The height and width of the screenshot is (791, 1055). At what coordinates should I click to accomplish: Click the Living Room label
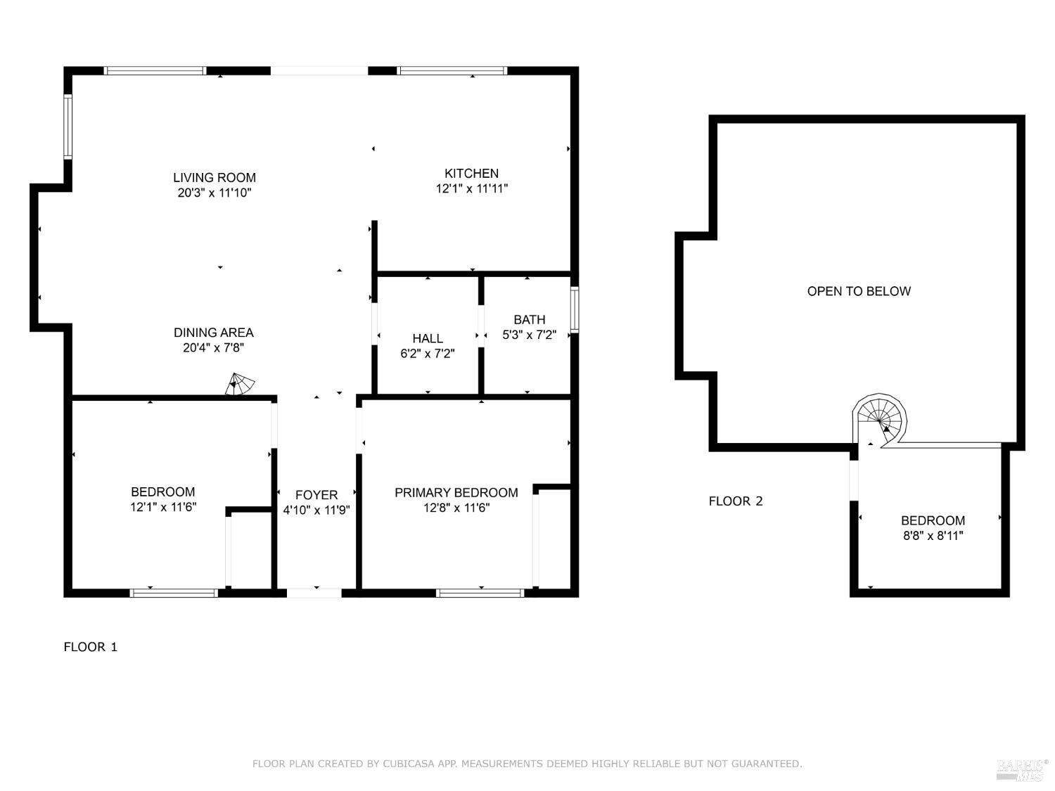point(215,178)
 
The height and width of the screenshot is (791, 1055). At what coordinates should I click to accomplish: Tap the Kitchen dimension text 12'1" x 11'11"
point(471,188)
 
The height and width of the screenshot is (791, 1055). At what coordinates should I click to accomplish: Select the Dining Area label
point(213,333)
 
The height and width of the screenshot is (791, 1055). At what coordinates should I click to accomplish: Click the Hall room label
point(428,339)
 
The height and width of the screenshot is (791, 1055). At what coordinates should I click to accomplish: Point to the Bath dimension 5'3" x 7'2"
point(529,335)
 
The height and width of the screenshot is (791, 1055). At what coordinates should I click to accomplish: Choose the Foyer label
point(316,495)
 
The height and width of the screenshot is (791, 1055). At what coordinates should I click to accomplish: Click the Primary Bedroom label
point(456,493)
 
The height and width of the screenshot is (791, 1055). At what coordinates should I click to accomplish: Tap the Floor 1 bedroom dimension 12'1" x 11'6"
point(163,507)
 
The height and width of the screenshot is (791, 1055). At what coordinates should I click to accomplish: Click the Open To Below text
point(859,291)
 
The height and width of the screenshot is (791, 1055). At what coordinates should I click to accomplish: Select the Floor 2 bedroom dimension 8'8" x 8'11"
point(933,536)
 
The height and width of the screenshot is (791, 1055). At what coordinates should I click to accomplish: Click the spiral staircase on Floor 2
point(879,419)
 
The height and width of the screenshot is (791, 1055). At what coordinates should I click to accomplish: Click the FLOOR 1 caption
point(90,647)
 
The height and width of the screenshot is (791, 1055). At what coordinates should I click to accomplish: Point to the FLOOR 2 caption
point(735,501)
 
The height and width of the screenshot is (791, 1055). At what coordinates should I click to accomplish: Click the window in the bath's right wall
point(575,309)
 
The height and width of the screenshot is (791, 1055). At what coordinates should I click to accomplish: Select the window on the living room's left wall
point(68,127)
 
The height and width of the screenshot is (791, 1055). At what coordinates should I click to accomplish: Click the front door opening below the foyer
point(314,593)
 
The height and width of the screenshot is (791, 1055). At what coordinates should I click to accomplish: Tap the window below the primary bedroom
point(480,593)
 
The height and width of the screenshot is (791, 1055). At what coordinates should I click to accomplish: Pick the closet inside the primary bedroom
point(554,538)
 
